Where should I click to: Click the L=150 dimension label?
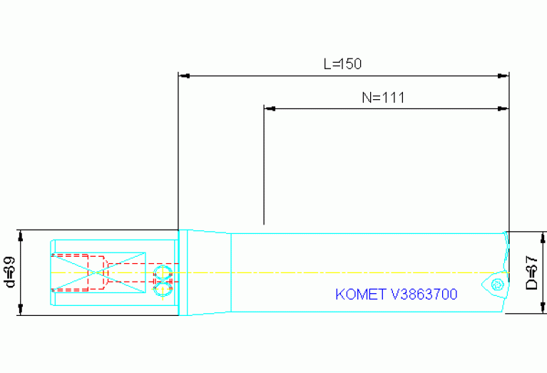[342, 63]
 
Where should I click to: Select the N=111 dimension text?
[383, 98]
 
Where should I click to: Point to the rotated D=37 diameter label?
[531, 272]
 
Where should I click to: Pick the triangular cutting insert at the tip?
[496, 284]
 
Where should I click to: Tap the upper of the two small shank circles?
[161, 272]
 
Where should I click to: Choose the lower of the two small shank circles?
[161, 289]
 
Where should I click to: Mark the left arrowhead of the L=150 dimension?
[183, 74]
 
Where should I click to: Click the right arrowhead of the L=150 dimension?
[504, 74]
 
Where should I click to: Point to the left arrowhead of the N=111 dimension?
[270, 109]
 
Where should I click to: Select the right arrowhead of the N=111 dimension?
[504, 109]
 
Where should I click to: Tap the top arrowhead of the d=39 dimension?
[21, 235]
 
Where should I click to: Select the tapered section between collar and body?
[210, 272]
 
